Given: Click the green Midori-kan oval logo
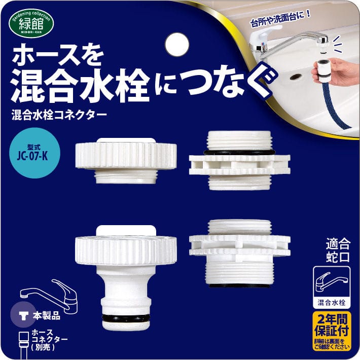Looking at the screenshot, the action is [x=31, y=23].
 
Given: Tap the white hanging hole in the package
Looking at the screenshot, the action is [x=177, y=45].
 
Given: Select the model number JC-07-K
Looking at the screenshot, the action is [x=32, y=156].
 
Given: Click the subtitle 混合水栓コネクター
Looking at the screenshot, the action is [x=59, y=115].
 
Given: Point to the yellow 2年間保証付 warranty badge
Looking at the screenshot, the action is [x=332, y=331].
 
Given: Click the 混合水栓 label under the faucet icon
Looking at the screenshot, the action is [x=332, y=302].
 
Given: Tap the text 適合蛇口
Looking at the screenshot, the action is [x=338, y=250].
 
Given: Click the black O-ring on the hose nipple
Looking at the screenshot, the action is [x=126, y=318].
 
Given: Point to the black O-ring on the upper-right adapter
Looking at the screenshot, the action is [x=239, y=152].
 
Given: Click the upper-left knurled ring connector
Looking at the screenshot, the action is [x=126, y=161].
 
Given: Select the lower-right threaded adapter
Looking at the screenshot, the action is [x=240, y=254].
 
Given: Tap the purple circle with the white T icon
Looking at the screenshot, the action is [x=23, y=314].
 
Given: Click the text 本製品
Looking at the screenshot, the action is [x=47, y=316].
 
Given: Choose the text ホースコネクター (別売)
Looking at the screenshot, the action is [x=49, y=340].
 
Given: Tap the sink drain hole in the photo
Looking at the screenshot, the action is [x=294, y=77].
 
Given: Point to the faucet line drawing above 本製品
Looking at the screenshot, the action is [x=49, y=296].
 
